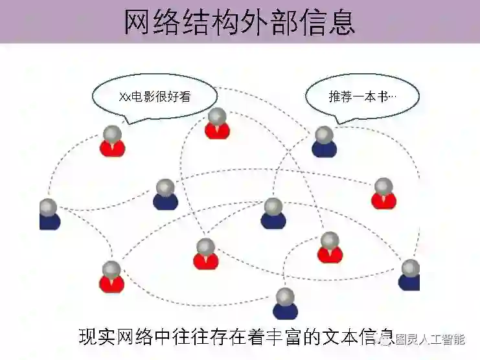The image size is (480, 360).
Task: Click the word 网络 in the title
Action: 148,21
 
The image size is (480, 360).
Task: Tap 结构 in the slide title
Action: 204,21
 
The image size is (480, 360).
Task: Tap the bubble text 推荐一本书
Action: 363,96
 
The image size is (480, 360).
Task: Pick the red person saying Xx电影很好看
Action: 112,142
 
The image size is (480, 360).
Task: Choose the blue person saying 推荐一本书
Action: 324,142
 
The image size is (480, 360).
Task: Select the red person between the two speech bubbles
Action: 218,124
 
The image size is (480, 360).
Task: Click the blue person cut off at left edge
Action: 49,215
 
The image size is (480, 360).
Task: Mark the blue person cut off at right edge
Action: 410,275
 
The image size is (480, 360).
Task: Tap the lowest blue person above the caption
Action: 285,304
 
